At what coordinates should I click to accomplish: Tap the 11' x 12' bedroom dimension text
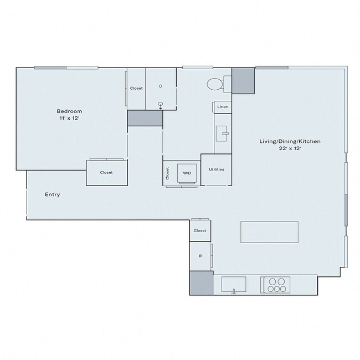pyautogui.click(x=69, y=119)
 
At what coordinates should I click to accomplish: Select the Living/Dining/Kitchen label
pyautogui.click(x=290, y=142)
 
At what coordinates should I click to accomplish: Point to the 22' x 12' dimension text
pyautogui.click(x=290, y=149)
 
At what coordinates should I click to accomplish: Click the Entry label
pyautogui.click(x=53, y=195)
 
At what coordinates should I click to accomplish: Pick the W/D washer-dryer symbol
pyautogui.click(x=187, y=173)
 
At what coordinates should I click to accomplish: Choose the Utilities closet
pyautogui.click(x=216, y=169)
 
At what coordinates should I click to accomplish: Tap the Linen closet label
pyautogui.click(x=223, y=106)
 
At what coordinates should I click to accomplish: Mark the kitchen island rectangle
pyautogui.click(x=269, y=232)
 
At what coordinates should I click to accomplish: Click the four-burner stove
pyautogui.click(x=276, y=284)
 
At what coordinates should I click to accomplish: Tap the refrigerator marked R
pyautogui.click(x=200, y=256)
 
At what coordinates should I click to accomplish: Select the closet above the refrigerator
pyautogui.click(x=200, y=230)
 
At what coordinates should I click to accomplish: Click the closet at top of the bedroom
pyautogui.click(x=136, y=89)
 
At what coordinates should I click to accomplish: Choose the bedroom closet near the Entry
pyautogui.click(x=106, y=172)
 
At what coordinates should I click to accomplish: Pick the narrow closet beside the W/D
pyautogui.click(x=167, y=173)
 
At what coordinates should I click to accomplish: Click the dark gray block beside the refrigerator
pyautogui.click(x=201, y=283)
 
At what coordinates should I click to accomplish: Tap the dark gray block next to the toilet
pyautogui.click(x=243, y=80)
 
